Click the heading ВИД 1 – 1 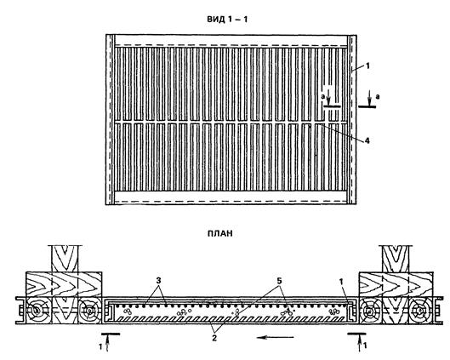coord(227,20)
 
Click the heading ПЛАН coord(220,233)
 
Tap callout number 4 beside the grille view coord(367,140)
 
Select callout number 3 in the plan coord(158,281)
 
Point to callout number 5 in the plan coord(279,281)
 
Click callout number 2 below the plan coord(214,338)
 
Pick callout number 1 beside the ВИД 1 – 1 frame coord(367,66)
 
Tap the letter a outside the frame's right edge coord(378,96)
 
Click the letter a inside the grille coord(323,97)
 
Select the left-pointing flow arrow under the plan coord(276,338)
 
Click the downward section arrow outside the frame coord(370,98)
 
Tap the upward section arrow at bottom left coord(108,343)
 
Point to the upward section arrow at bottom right coord(359,343)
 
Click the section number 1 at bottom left coord(100,346)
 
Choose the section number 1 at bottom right coord(365,346)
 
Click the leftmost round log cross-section coord(36,311)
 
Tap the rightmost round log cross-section coord(420,311)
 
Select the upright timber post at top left coord(65,259)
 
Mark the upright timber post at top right coord(396,259)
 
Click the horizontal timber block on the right coord(396,284)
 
